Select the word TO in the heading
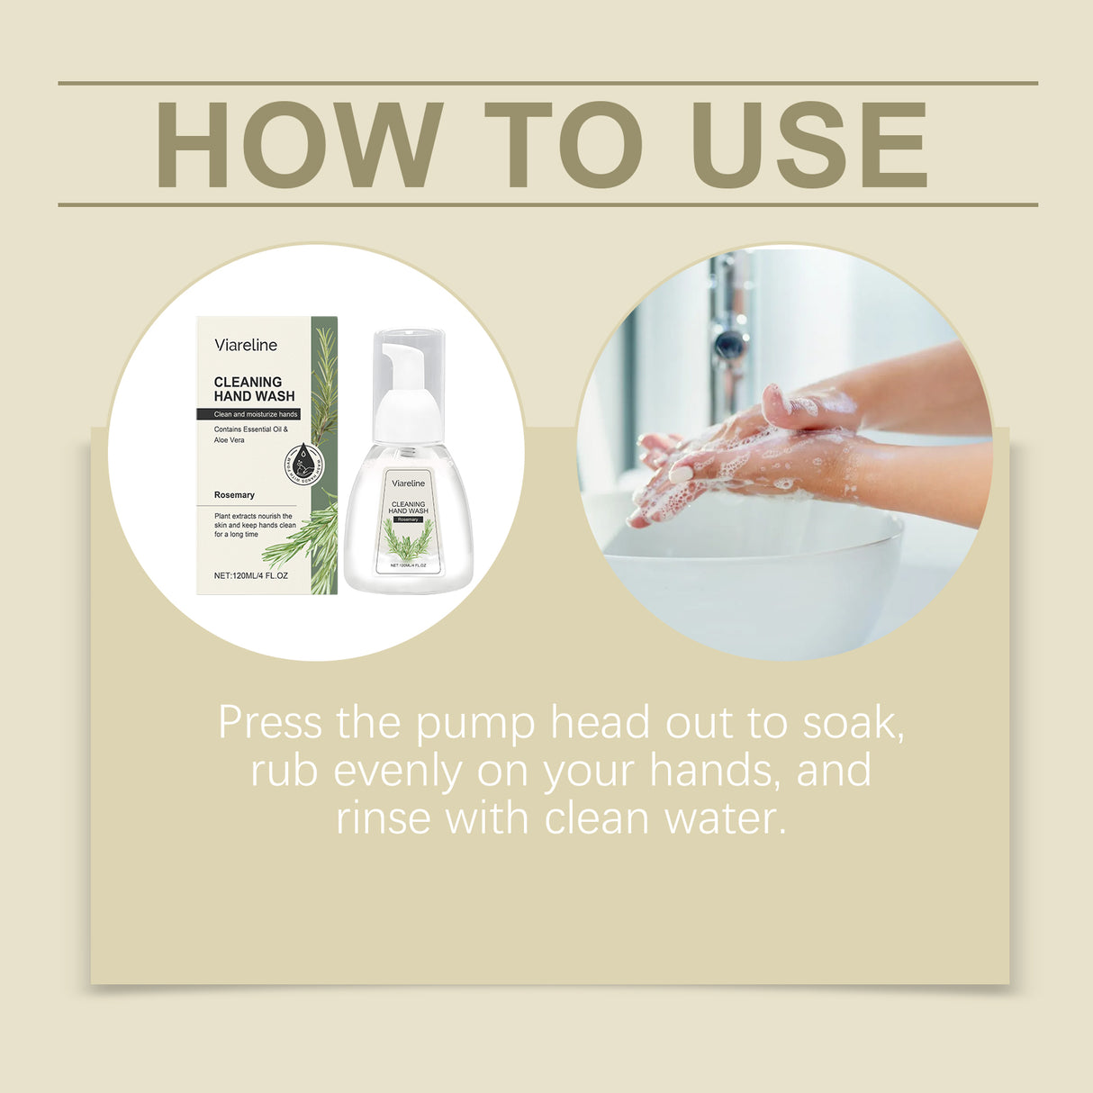click(x=563, y=145)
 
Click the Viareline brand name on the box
click(x=246, y=345)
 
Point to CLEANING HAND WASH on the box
click(x=254, y=389)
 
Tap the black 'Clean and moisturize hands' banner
click(x=249, y=414)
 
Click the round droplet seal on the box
click(x=304, y=462)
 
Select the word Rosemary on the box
click(x=234, y=495)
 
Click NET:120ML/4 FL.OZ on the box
click(x=251, y=575)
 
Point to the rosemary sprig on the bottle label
click(x=408, y=540)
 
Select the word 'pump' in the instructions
click(x=474, y=724)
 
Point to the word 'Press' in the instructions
click(x=269, y=724)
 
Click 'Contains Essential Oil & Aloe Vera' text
click(x=250, y=435)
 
